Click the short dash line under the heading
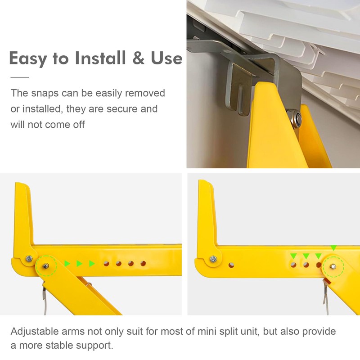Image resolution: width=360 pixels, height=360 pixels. point(19,77)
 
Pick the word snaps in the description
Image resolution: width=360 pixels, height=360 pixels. point(48,94)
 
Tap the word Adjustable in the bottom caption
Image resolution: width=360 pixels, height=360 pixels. point(35,332)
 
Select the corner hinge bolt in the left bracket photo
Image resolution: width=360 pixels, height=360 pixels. point(28,259)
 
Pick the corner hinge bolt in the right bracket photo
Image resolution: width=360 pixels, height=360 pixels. point(213,259)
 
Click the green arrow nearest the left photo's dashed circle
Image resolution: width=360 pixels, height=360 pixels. point(67,263)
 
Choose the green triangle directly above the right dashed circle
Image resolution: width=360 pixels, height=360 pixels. point(333,247)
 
